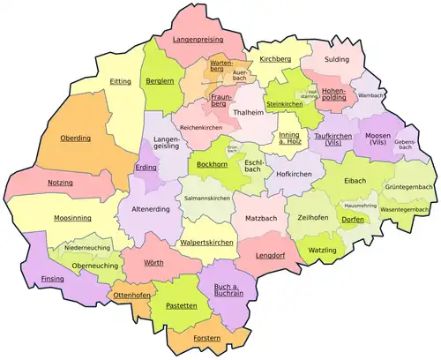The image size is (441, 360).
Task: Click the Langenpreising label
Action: (198, 40)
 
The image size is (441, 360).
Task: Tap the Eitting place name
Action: (121, 81)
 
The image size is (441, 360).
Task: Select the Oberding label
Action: (75, 138)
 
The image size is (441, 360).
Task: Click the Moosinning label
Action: (49, 216)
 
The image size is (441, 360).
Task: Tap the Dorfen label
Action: (353, 219)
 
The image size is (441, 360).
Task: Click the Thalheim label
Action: (245, 113)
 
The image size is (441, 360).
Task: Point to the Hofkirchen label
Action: (295, 174)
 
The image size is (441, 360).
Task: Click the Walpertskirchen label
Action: (206, 241)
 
